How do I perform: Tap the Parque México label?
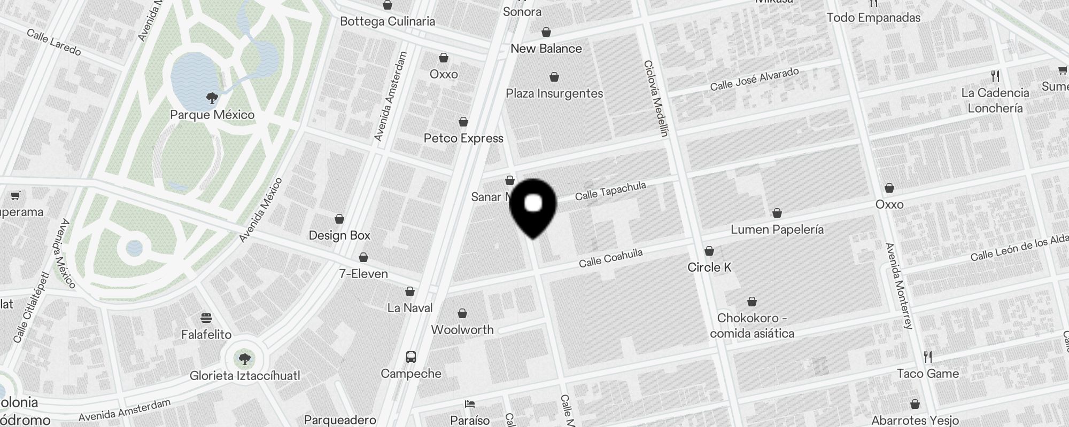click(212, 115)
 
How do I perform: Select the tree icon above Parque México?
click(212, 98)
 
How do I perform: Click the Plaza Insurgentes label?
click(554, 93)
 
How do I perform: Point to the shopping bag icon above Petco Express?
click(463, 122)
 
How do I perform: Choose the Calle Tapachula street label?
click(610, 191)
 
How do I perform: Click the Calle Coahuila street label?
click(610, 258)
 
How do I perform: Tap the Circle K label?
click(709, 267)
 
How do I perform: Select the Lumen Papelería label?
click(777, 230)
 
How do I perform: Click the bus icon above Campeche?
click(410, 357)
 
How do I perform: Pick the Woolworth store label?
click(462, 329)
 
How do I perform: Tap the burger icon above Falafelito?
click(206, 318)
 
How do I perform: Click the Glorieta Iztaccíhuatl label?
click(245, 376)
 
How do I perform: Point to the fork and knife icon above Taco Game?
click(928, 357)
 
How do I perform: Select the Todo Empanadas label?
click(873, 18)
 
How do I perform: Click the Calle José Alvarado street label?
click(754, 79)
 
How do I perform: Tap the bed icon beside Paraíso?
click(470, 404)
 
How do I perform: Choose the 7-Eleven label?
click(363, 274)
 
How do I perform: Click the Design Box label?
click(339, 235)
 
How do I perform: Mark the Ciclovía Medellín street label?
click(656, 98)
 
